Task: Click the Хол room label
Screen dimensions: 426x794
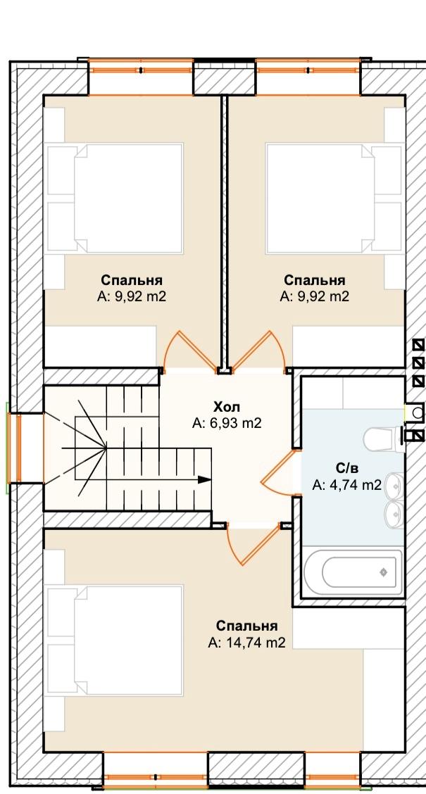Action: tap(227, 407)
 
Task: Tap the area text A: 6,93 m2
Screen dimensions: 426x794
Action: tap(227, 423)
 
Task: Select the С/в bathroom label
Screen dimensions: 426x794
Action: tap(346, 468)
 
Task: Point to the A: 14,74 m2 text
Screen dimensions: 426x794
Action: tap(246, 643)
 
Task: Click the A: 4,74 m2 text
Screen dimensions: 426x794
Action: tap(346, 485)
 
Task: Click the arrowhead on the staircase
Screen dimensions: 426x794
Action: tap(205, 479)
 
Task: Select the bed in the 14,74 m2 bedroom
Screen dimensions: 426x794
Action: tap(113, 641)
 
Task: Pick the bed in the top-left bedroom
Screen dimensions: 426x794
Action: tap(113, 198)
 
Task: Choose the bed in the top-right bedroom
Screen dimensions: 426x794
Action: tap(335, 198)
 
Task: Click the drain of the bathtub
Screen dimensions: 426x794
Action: tap(384, 572)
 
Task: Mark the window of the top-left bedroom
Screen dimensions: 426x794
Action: tap(141, 70)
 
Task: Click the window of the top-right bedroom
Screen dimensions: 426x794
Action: tap(308, 70)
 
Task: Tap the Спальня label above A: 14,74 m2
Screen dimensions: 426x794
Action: tap(246, 626)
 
